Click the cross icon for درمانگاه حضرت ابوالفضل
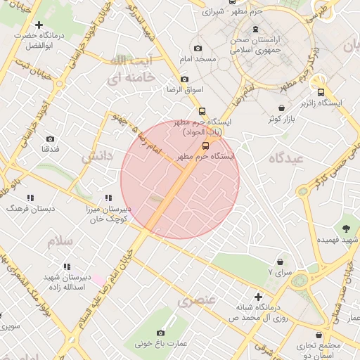pyautogui.click(x=39, y=25)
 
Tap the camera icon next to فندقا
pyautogui.click(x=50, y=139)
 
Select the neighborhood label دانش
pyautogui.click(x=97, y=156)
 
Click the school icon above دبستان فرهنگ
pyautogui.click(x=30, y=198)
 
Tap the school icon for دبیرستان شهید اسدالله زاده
pyautogui.click(x=67, y=266)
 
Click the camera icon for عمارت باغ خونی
pyautogui.click(x=160, y=333)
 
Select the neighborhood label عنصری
pyautogui.click(x=196, y=302)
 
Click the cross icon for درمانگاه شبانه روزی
pyautogui.click(x=259, y=298)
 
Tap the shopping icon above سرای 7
pyautogui.click(x=281, y=262)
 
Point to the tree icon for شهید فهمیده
pyautogui.click(x=346, y=229)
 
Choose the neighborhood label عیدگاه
pyautogui.click(x=285, y=159)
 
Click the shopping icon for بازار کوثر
pyautogui.click(x=282, y=108)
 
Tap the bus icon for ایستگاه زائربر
pyautogui.click(x=321, y=92)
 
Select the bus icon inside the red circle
pyautogui.click(x=205, y=146)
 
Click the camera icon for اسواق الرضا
pyautogui.click(x=184, y=79)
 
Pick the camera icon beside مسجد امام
pyautogui.click(x=197, y=48)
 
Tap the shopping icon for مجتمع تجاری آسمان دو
pyautogui.click(x=320, y=335)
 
